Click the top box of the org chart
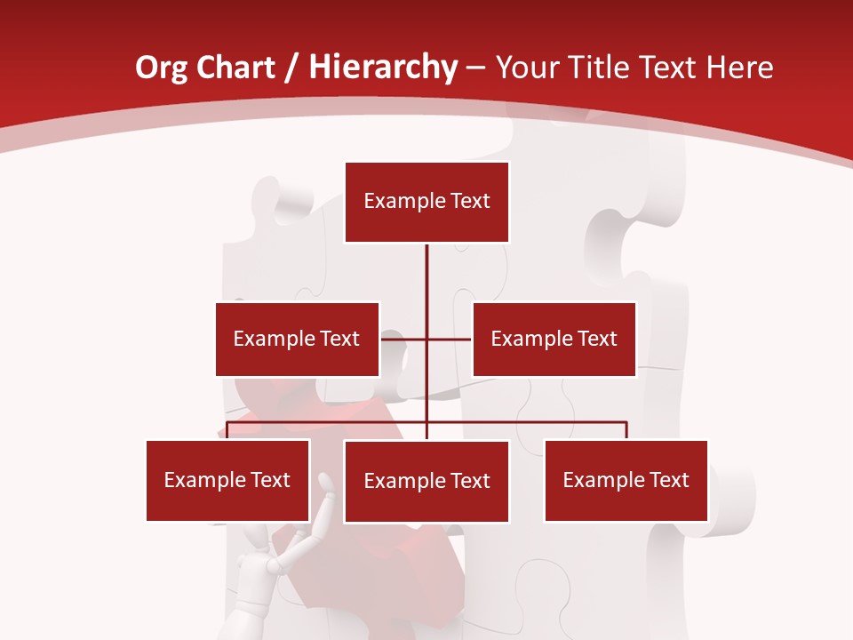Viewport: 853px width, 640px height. click(426, 202)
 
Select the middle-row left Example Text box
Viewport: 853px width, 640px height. click(297, 339)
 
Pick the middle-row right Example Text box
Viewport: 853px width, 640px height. click(554, 339)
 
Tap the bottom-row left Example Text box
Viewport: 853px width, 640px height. click(227, 480)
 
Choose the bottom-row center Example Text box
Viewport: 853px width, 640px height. click(426, 481)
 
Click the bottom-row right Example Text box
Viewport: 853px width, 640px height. click(626, 480)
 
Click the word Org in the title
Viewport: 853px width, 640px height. click(161, 68)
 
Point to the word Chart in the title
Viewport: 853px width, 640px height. click(235, 68)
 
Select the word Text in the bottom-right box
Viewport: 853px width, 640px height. click(669, 480)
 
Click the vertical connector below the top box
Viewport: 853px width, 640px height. click(426, 276)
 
